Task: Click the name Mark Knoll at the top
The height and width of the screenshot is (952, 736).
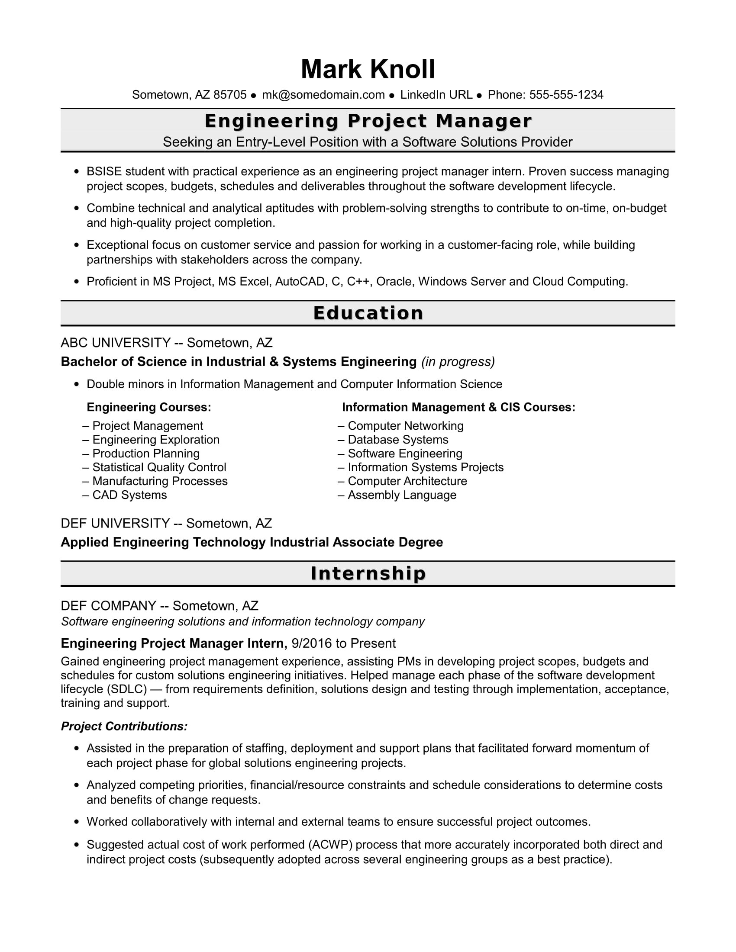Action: pyautogui.click(x=368, y=69)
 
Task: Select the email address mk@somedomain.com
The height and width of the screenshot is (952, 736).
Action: pyautogui.click(x=323, y=95)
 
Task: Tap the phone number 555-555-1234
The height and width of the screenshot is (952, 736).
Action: pyautogui.click(x=566, y=95)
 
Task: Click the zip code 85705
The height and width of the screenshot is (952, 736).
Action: pyautogui.click(x=230, y=95)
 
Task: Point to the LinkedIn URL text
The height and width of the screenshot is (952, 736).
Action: pyautogui.click(x=436, y=95)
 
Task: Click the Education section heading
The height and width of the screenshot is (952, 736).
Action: pyautogui.click(x=368, y=313)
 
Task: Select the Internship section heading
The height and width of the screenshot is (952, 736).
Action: pyautogui.click(x=368, y=573)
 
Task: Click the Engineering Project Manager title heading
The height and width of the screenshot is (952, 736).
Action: pyautogui.click(x=368, y=121)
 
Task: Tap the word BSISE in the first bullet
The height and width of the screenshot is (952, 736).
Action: pyautogui.click(x=104, y=171)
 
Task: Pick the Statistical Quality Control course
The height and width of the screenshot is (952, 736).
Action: pyautogui.click(x=159, y=467)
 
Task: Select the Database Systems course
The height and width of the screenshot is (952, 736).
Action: pyautogui.click(x=397, y=439)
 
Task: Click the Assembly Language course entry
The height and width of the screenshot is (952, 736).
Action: pyautogui.click(x=402, y=495)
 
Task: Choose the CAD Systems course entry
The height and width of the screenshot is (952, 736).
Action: pyautogui.click(x=129, y=495)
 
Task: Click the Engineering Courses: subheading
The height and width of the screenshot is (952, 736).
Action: pyautogui.click(x=148, y=407)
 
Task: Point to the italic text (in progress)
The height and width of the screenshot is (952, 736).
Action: pyautogui.click(x=458, y=362)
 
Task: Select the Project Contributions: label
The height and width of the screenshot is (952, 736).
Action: pyautogui.click(x=124, y=726)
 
